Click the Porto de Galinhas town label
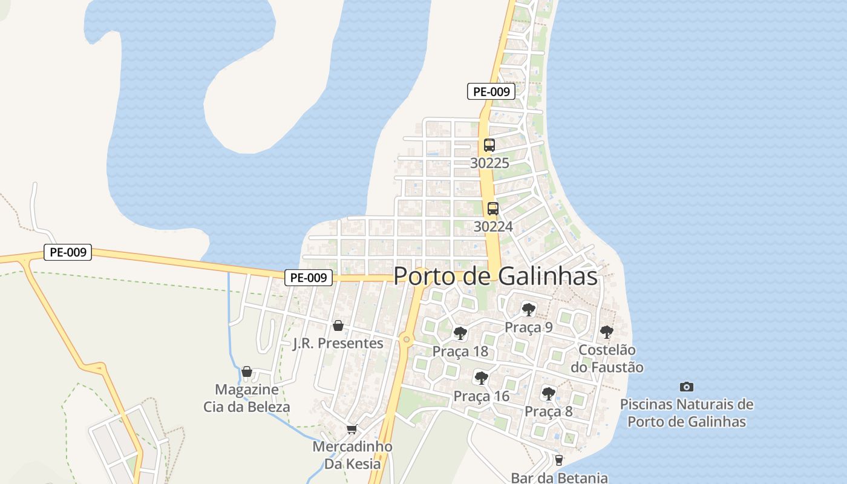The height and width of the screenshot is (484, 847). [495, 276]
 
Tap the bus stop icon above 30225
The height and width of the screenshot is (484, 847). [489, 145]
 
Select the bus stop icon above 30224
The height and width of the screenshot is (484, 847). [493, 209]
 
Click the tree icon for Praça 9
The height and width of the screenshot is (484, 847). [529, 310]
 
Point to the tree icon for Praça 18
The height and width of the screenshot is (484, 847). [460, 333]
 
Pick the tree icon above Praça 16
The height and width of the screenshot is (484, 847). [482, 378]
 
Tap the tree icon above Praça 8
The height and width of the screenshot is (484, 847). [549, 394]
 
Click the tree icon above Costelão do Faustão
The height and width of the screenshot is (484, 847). [607, 332]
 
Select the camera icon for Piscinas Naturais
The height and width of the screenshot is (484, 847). [687, 387]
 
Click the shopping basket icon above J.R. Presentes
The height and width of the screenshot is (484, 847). [338, 325]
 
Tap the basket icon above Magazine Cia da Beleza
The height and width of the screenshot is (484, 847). [247, 371]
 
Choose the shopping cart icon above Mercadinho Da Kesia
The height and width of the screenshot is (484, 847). [352, 430]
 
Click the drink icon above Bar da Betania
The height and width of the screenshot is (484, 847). [558, 460]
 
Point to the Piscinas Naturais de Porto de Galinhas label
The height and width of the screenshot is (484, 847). [687, 413]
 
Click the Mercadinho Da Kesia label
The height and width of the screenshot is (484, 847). [353, 455]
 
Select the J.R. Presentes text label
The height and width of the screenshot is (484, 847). [338, 344]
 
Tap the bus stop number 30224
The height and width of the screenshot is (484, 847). [493, 227]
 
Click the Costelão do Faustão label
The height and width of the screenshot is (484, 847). [607, 358]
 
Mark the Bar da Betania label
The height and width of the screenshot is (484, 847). [559, 477]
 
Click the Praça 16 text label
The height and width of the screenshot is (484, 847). [482, 396]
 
